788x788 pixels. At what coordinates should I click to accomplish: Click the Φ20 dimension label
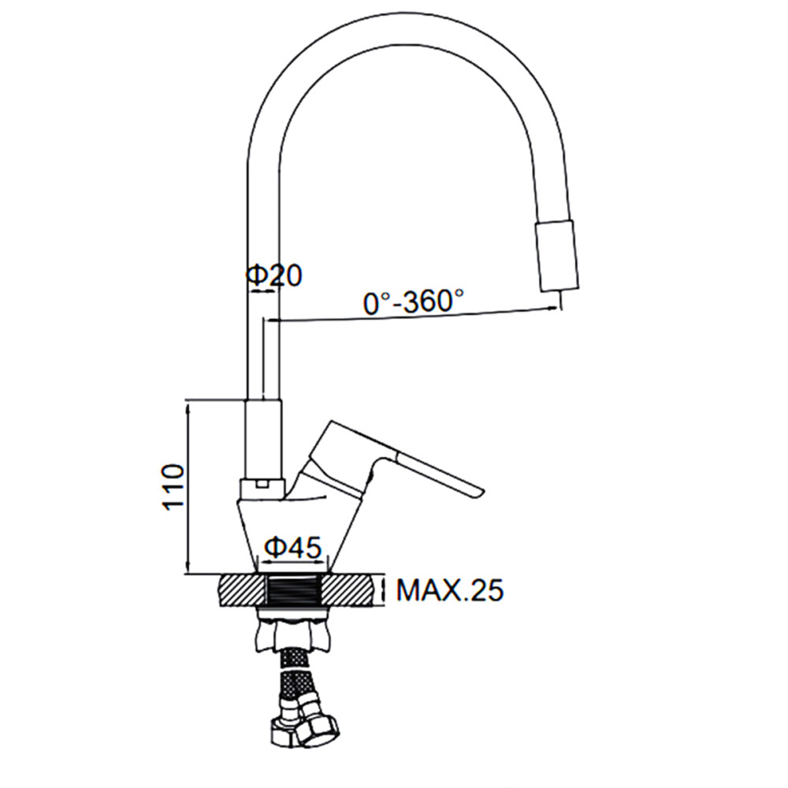pos(274,275)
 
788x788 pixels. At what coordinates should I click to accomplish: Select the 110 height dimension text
pos(173,487)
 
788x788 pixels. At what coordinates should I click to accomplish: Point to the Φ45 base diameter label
pos(292,548)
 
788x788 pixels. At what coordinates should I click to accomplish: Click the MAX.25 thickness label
pos(449,590)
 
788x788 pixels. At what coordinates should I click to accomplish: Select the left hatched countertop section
pos(242,590)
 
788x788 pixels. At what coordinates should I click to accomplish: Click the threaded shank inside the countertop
pos(293,590)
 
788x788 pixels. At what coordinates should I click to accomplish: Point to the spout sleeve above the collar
pos(263,440)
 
